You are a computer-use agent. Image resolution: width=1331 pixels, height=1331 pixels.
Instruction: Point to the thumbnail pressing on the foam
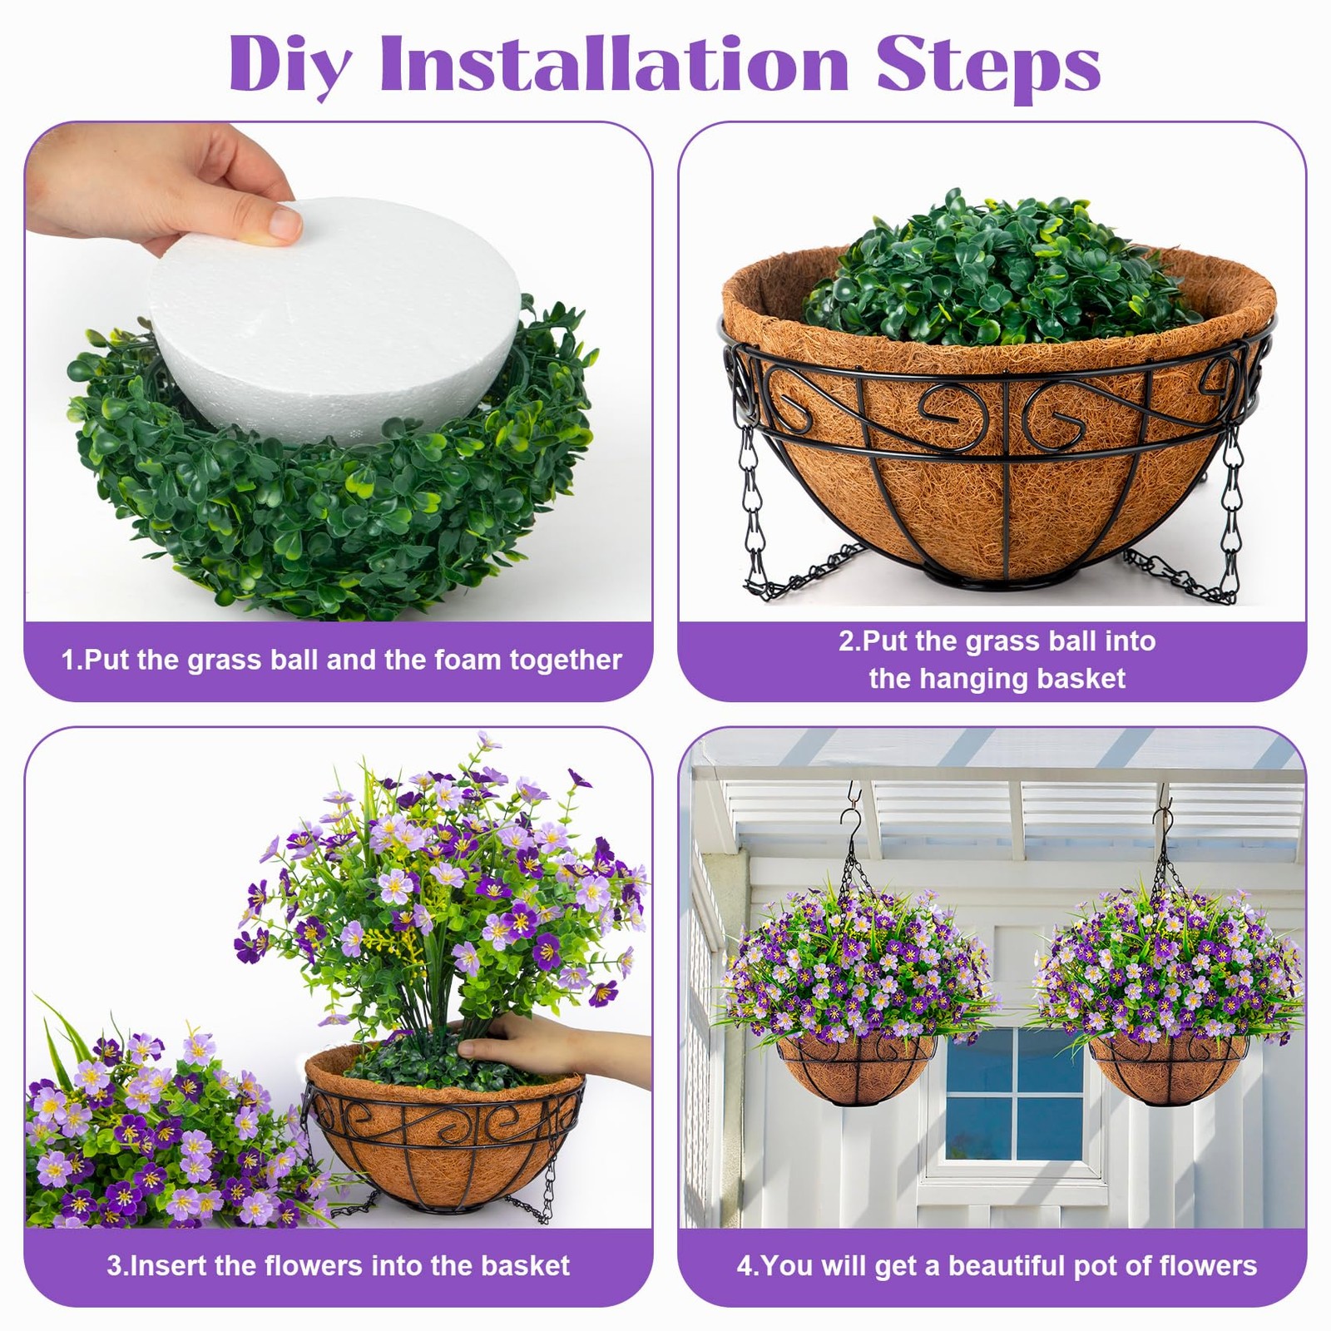coord(285,223)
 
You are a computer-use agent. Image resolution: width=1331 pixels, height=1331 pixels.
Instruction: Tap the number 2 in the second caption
coord(847,641)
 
